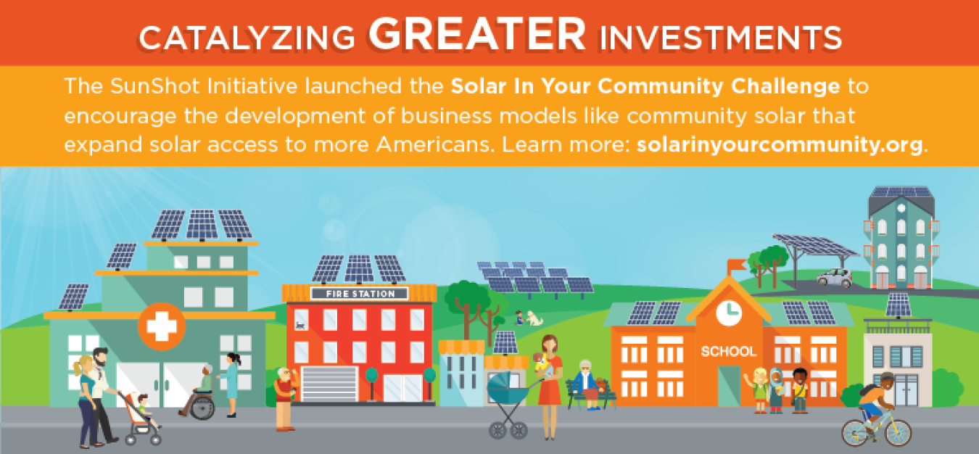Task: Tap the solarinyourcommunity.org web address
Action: pos(780,144)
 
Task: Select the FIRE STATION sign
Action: pos(360,294)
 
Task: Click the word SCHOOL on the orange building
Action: pos(728,351)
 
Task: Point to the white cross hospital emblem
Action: pos(162,326)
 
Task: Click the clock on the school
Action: pos(729,313)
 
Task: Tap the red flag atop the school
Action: pos(737,265)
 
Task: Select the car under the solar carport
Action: pos(835,278)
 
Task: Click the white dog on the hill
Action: pos(534,318)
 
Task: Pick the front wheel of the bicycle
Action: pos(899,432)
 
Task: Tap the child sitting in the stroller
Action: pos(146,410)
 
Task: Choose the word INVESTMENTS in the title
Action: pos(721,38)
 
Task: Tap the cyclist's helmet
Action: pos(888,376)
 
